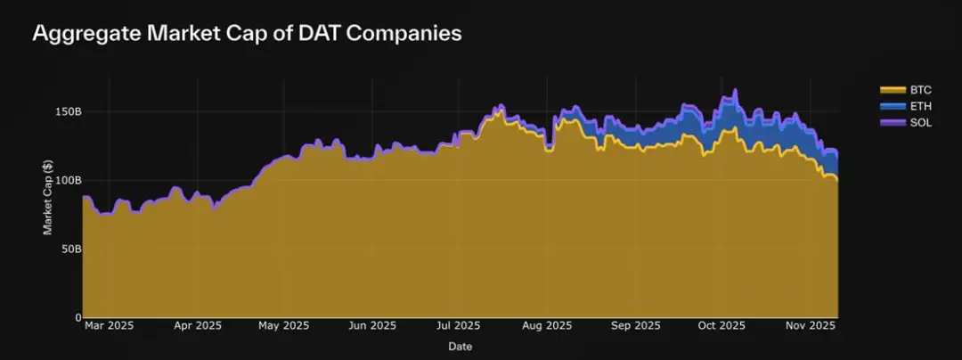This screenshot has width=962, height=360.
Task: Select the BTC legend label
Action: [920, 90]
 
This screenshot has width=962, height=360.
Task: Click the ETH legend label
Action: [920, 106]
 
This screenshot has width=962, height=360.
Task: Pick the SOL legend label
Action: [920, 122]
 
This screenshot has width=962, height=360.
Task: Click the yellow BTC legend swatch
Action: [892, 90]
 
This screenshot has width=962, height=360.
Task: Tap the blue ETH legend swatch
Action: [892, 106]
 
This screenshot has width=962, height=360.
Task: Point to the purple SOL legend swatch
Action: [892, 122]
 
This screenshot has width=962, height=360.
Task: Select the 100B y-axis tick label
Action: [61, 180]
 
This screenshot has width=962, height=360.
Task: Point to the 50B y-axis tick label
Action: [64, 249]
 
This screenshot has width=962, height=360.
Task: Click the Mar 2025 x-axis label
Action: [109, 326]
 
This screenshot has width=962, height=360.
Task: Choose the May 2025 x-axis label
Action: [284, 326]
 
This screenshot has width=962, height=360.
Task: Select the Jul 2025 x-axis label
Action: [459, 326]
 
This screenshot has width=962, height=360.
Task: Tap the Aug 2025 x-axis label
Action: [548, 326]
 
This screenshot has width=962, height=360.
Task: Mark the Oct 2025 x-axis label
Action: [721, 326]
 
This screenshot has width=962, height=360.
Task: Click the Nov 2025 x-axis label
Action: [811, 326]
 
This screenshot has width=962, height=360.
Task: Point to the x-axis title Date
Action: [461, 346]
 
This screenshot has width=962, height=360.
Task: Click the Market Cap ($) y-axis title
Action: [47, 198]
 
